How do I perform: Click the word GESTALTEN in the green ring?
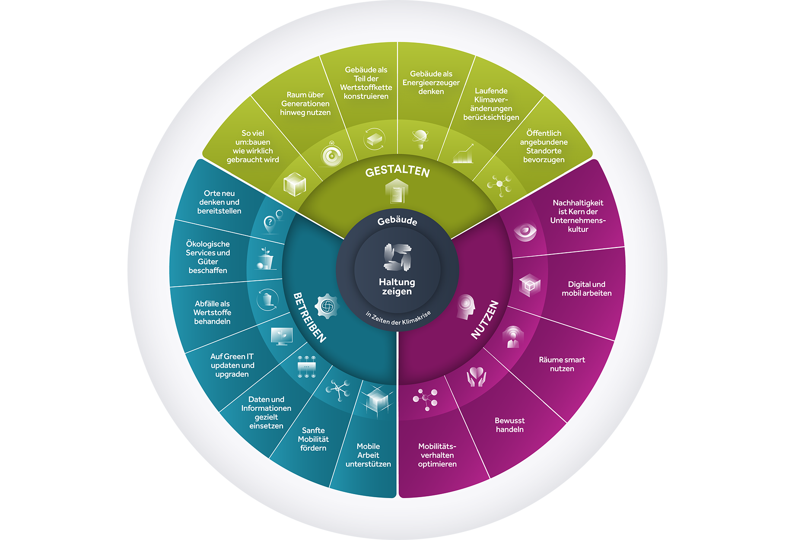(397, 171)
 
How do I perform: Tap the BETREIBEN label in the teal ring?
(309, 318)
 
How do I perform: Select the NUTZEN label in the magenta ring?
(485, 320)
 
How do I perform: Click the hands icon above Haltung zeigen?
(397, 257)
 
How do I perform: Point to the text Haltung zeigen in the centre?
(397, 287)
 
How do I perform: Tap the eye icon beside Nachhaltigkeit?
(525, 232)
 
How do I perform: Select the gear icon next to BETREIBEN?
(327, 306)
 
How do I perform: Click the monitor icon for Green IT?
(282, 336)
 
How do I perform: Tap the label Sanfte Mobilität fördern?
(313, 439)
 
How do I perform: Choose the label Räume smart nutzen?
(562, 364)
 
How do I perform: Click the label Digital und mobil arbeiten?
(586, 289)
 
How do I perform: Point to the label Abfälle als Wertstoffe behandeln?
(212, 312)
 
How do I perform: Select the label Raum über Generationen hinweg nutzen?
(305, 104)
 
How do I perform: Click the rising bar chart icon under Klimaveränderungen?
(463, 154)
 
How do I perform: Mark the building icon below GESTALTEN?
(397, 192)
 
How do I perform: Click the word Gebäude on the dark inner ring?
(397, 220)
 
